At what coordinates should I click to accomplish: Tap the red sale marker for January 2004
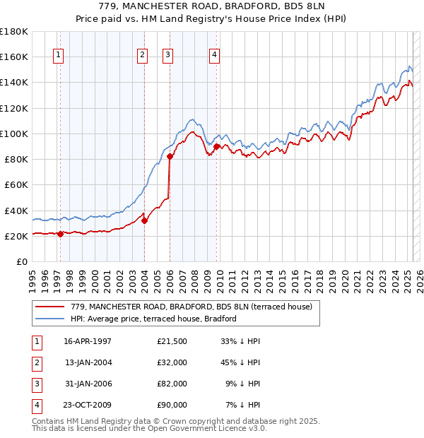[144, 220]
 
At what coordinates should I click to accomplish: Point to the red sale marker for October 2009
[216, 146]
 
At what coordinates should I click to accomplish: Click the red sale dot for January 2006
[170, 157]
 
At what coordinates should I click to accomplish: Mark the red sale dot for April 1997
[60, 234]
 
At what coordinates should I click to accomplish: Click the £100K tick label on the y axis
[13, 134]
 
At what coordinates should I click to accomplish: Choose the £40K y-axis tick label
[16, 211]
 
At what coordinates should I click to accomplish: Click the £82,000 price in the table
[172, 384]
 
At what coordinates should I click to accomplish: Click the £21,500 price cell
[172, 341]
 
